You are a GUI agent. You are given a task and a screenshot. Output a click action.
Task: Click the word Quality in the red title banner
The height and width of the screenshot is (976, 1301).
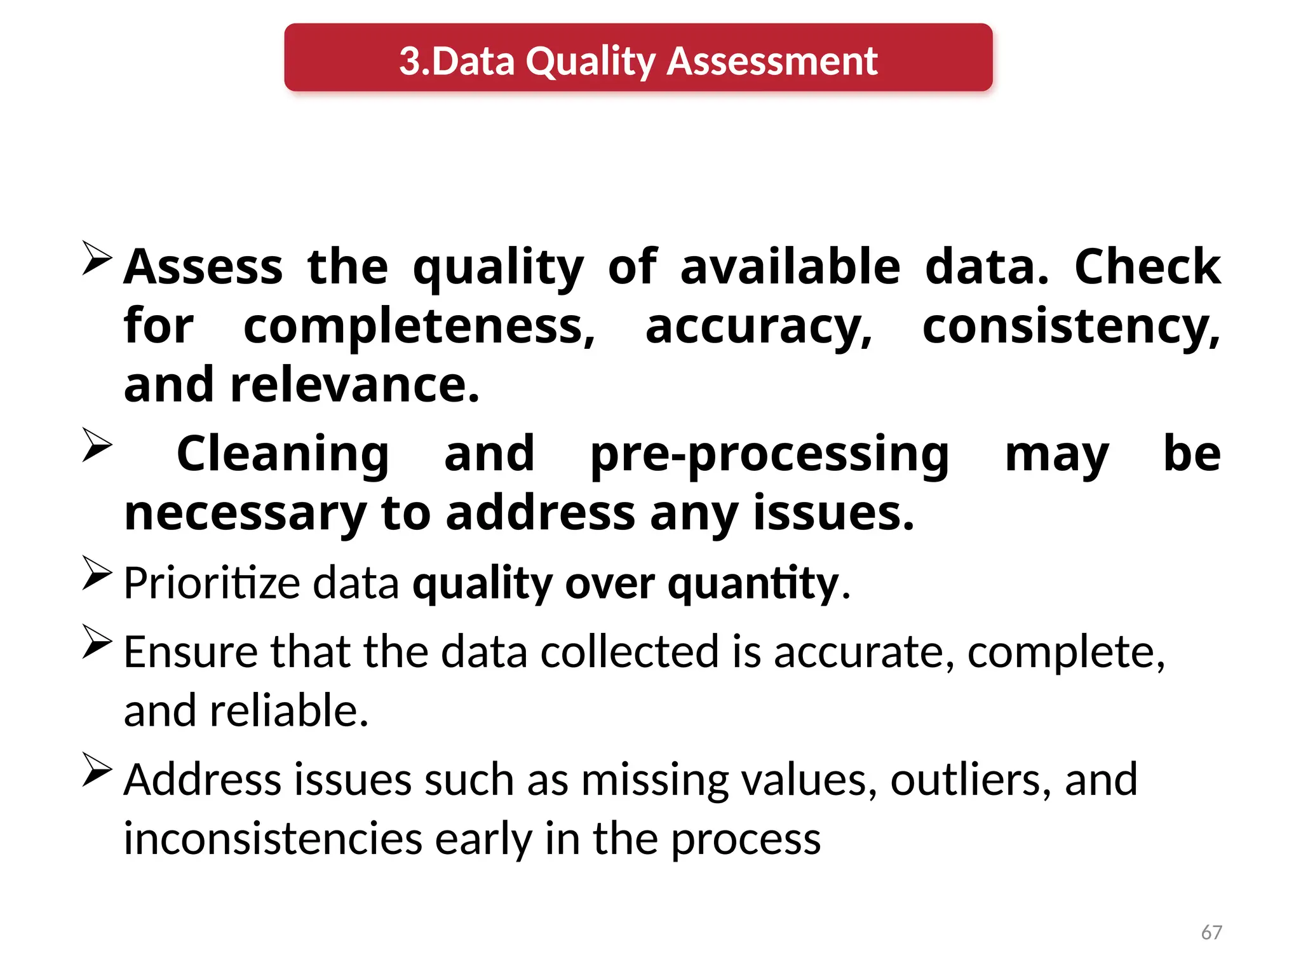click(x=590, y=62)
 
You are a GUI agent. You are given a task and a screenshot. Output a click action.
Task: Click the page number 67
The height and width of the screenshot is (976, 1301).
click(x=1211, y=932)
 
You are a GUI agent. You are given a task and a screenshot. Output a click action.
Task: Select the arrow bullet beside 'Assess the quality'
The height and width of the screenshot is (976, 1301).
click(x=97, y=259)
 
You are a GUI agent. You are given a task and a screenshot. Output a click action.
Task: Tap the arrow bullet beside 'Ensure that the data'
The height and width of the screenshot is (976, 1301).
click(x=97, y=642)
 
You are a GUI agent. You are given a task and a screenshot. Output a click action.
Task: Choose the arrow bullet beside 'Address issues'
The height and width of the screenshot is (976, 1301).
click(x=97, y=769)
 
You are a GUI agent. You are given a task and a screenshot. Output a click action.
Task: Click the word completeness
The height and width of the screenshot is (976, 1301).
click(x=419, y=327)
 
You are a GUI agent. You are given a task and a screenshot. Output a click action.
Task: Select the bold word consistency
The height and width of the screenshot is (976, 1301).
click(x=1070, y=327)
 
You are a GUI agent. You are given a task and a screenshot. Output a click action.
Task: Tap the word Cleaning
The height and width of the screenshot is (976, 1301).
click(x=283, y=454)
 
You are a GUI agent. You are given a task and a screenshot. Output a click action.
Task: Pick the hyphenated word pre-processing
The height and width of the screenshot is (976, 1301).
click(x=769, y=454)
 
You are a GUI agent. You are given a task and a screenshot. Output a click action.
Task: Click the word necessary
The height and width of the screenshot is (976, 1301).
click(x=245, y=513)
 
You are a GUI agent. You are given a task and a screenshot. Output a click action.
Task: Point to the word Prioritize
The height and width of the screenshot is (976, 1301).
click(x=212, y=583)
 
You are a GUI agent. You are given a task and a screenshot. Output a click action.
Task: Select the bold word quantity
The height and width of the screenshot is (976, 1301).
click(x=753, y=583)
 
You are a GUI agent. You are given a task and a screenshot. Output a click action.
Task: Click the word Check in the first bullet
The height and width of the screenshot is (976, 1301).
click(x=1147, y=267)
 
